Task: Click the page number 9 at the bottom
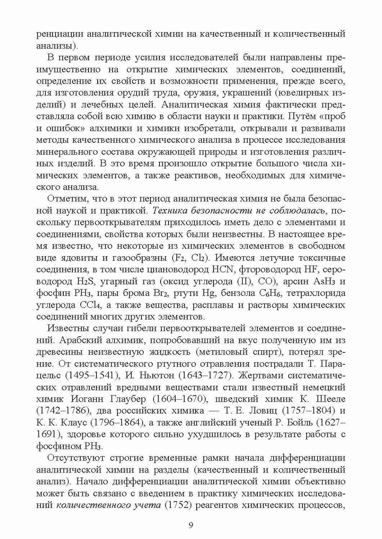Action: [x=191, y=526]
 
